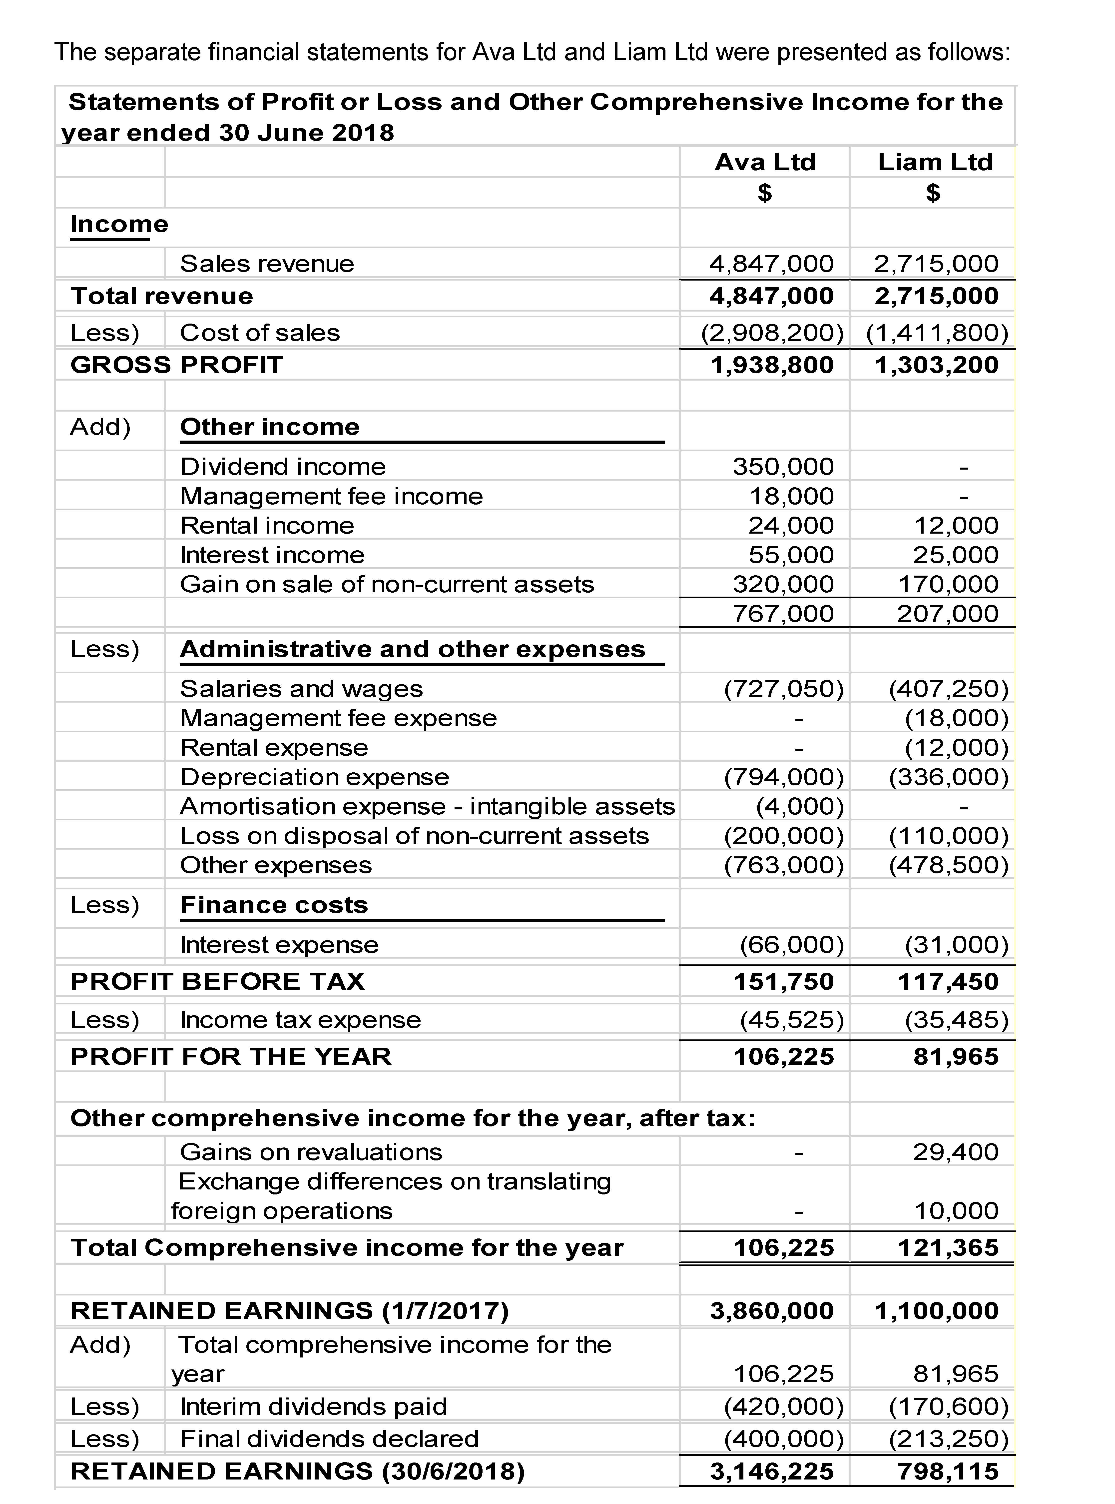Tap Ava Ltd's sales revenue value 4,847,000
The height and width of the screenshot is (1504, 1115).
pyautogui.click(x=771, y=263)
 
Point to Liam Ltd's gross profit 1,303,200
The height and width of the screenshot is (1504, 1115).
pyautogui.click(x=936, y=365)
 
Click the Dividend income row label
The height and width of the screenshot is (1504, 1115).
pyautogui.click(x=283, y=467)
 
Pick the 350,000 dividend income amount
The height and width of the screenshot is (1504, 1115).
pyautogui.click(x=783, y=467)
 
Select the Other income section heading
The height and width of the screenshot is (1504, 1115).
pyautogui.click(x=269, y=427)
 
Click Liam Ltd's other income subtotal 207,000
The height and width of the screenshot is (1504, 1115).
pyautogui.click(x=947, y=613)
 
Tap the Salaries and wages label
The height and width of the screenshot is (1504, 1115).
pyautogui.click(x=301, y=689)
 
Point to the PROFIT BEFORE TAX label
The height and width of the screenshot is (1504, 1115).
pyautogui.click(x=217, y=981)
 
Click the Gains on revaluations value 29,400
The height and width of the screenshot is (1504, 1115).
pyautogui.click(x=955, y=1152)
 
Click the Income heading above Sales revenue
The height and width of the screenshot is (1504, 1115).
pyautogui.click(x=119, y=224)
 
